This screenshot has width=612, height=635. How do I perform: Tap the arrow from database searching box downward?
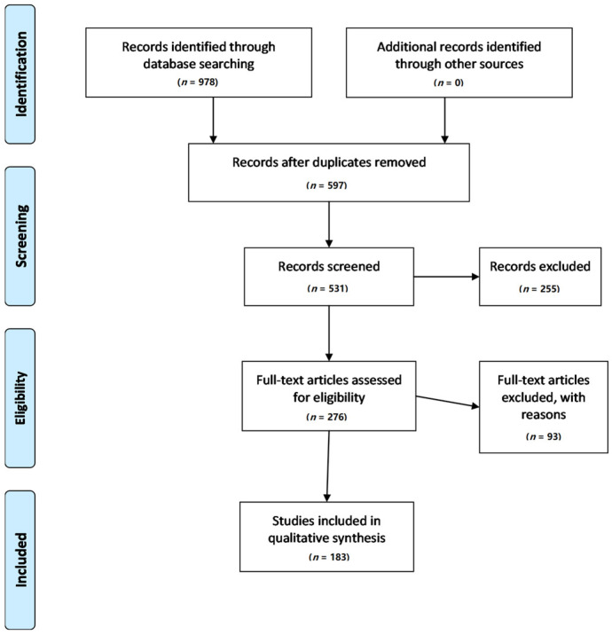point(213,120)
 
